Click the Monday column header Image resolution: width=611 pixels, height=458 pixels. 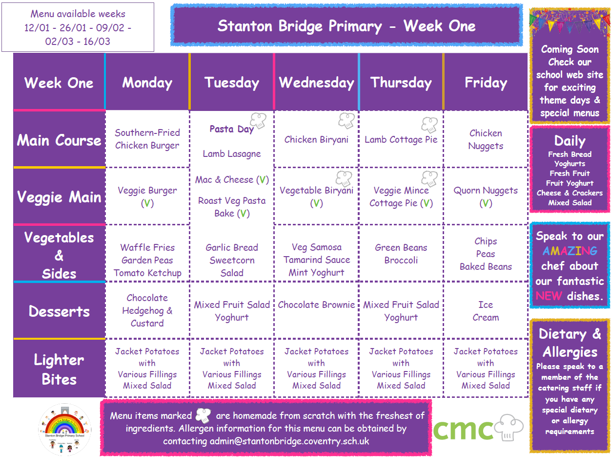click(x=147, y=83)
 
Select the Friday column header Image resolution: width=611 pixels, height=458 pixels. click(x=486, y=83)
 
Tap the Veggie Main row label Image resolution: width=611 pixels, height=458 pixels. click(x=59, y=197)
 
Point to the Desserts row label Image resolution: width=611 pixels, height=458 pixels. click(x=59, y=311)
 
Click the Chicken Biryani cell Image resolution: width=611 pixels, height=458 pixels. click(x=316, y=139)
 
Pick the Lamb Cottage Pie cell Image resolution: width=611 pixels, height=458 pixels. click(x=401, y=139)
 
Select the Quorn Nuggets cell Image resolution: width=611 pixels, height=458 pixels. click(x=486, y=196)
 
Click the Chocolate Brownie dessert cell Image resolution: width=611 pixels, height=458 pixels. click(x=316, y=305)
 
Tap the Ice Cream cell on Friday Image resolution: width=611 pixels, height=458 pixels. click(x=486, y=311)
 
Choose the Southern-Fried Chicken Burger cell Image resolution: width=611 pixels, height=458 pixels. click(x=147, y=139)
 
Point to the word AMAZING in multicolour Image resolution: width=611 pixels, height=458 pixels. click(x=570, y=251)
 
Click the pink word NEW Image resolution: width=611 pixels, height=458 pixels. click(x=549, y=296)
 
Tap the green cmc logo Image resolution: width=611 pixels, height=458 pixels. click(x=478, y=428)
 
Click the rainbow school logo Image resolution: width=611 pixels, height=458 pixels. click(x=64, y=429)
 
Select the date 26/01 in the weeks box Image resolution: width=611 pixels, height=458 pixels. click(x=73, y=27)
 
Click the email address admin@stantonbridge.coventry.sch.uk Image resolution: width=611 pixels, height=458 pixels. click(x=289, y=441)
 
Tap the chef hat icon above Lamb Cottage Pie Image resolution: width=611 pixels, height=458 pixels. click(x=429, y=125)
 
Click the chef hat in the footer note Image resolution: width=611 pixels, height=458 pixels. click(x=203, y=415)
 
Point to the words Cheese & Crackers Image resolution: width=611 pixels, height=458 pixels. click(x=570, y=193)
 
